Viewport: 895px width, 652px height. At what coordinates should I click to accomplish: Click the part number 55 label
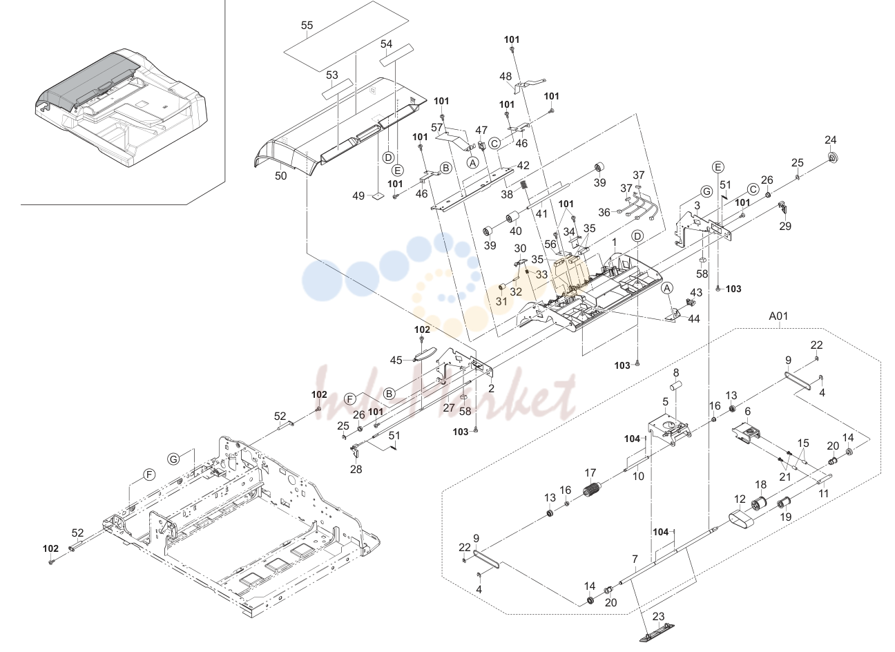coord(307,25)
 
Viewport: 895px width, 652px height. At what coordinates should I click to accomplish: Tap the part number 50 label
coord(280,176)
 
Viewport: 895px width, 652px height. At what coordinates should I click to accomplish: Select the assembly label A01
coord(778,316)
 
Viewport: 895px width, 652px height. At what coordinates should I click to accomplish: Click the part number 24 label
coord(830,140)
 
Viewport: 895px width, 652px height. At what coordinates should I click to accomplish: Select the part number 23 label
coord(658,617)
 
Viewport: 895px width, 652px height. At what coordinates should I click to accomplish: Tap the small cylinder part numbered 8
coord(675,387)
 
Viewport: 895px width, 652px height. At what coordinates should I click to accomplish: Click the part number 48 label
coord(506,76)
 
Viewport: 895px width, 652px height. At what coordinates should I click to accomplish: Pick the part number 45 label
coord(396,360)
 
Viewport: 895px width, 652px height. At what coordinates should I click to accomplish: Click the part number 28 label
coord(356,469)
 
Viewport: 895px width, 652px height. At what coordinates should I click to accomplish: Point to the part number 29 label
coord(785,226)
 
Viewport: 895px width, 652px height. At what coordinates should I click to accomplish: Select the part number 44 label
coord(693,318)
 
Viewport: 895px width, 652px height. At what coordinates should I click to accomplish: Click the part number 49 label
coord(358,195)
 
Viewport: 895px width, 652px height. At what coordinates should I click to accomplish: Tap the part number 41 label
coord(541,213)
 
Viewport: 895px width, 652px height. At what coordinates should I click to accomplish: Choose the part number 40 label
coord(515,231)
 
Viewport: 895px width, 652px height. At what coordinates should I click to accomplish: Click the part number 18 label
coord(761,485)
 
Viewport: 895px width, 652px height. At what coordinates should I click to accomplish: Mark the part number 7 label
coord(635,559)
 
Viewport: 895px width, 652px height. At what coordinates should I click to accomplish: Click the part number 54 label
coord(386,44)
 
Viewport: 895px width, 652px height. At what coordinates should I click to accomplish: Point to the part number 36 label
coord(604,212)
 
